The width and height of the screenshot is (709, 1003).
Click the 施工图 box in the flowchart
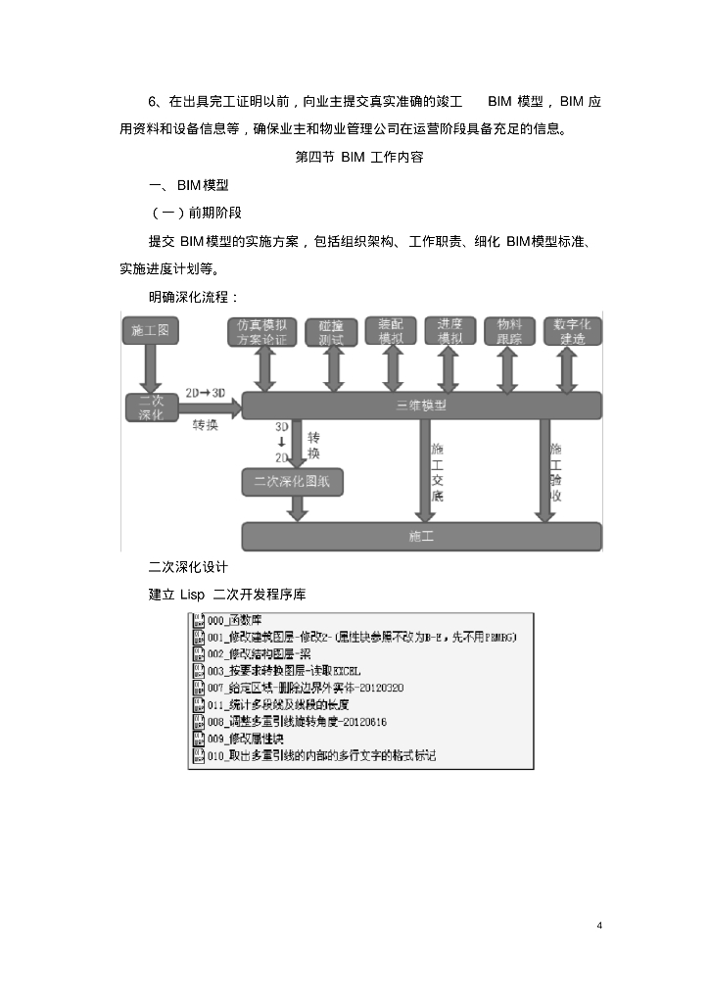coord(150,331)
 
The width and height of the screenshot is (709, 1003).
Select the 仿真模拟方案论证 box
coord(262,331)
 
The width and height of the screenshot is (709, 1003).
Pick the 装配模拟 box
coord(392,331)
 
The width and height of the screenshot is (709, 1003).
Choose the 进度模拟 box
coord(449,331)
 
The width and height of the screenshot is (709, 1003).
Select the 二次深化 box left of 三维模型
coord(150,406)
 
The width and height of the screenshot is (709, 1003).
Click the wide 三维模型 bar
coord(421,406)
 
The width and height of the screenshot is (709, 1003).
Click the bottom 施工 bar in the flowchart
coord(421,537)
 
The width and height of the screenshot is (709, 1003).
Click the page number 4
coord(598,926)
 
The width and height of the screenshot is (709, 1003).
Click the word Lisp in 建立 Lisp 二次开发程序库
coord(192,594)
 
